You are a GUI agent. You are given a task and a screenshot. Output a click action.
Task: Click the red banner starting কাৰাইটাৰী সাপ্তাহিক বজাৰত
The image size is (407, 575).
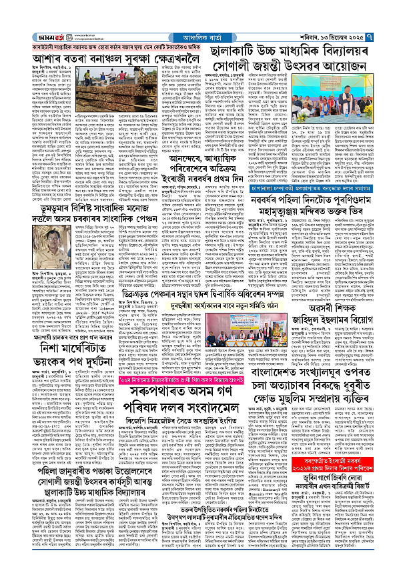click(x=113, y=47)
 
